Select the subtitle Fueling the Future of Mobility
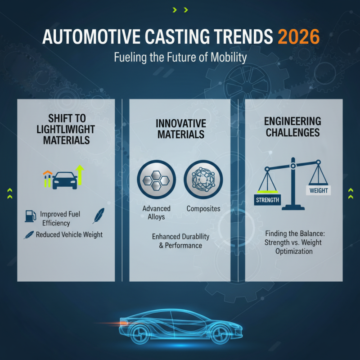coord(180,58)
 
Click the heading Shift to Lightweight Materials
coord(66,129)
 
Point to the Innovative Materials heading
coord(180,129)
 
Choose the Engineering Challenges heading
coord(292,126)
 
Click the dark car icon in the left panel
coord(65,179)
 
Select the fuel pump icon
coord(30,216)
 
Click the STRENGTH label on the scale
coord(267,200)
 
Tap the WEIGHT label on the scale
coord(319,190)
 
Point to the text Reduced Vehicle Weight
coord(69,234)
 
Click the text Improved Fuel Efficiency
coord(60,218)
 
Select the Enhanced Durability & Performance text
coord(180,241)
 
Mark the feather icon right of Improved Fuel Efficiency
coord(98,216)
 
